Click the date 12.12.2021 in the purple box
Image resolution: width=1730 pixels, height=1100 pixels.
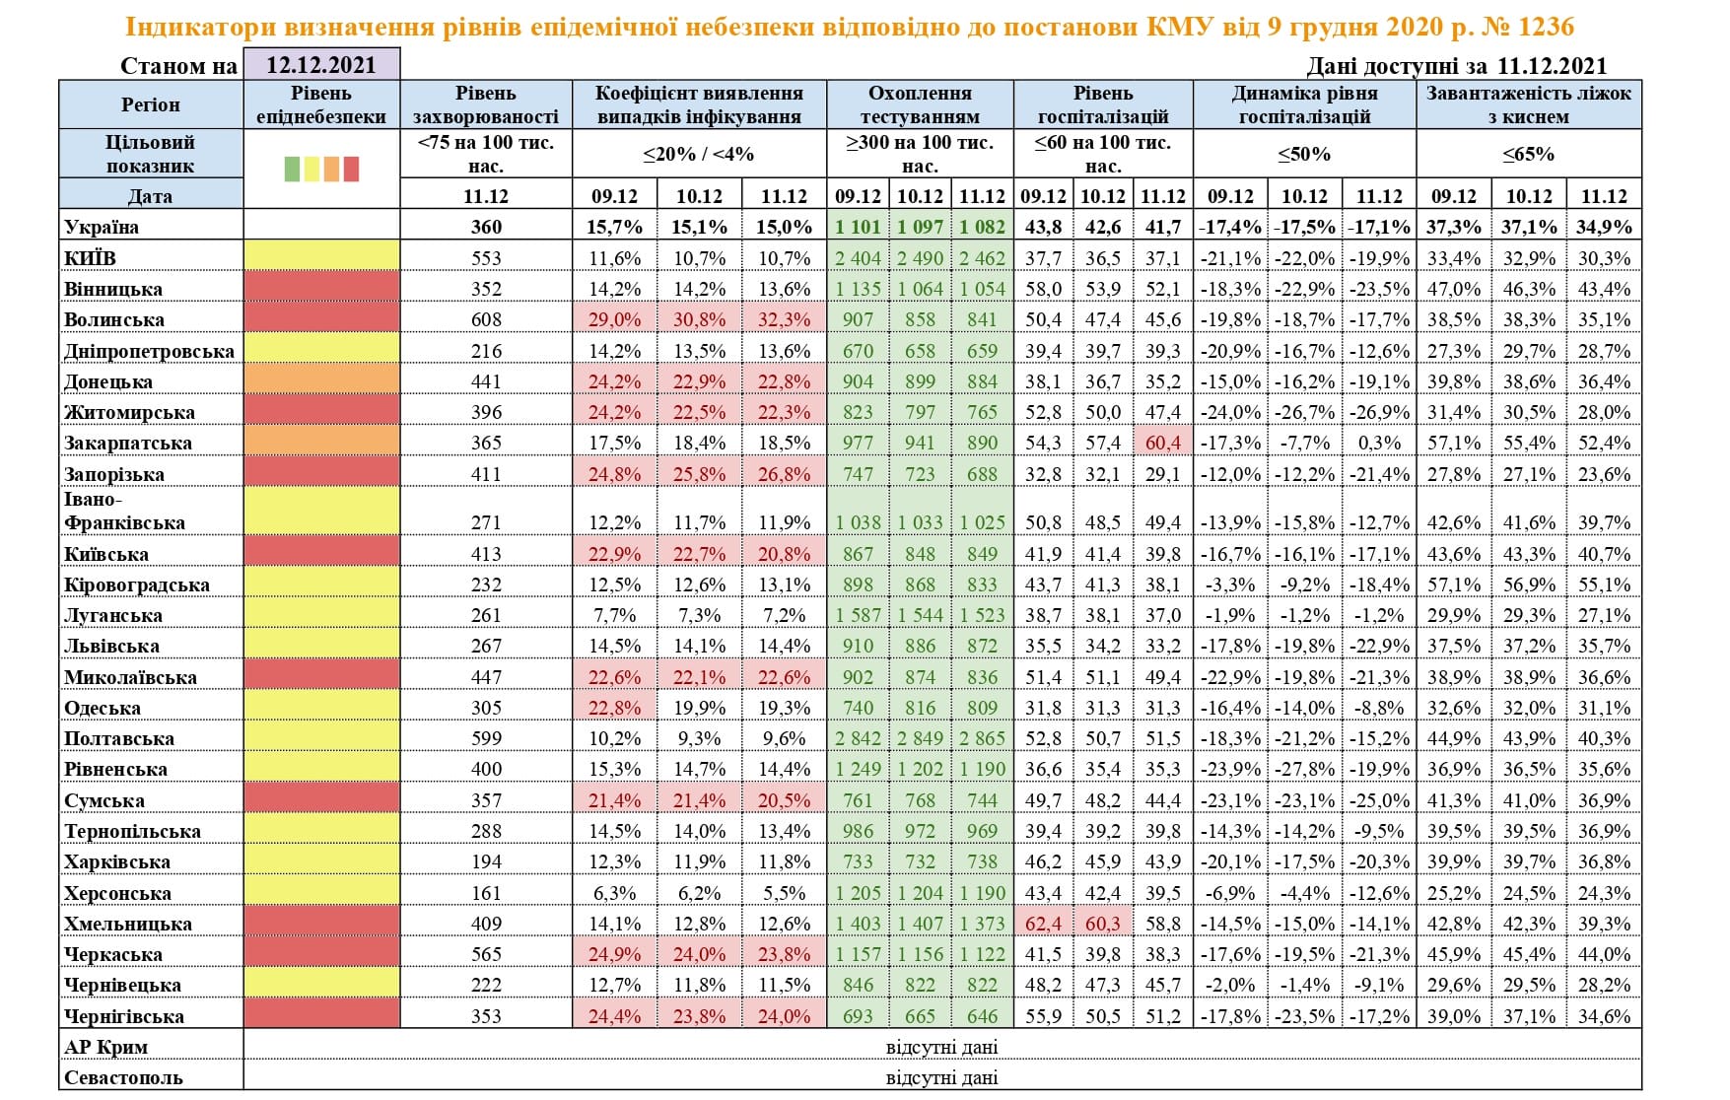point(321,65)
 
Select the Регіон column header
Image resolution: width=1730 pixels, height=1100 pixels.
point(151,104)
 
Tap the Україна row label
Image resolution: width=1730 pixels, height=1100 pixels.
point(102,227)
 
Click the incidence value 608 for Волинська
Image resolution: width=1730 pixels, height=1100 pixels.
point(486,319)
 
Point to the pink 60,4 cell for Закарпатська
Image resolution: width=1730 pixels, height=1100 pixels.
point(1163,443)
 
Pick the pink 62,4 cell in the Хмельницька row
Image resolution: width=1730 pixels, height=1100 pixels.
point(1043,924)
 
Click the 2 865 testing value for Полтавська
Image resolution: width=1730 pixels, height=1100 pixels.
point(982,738)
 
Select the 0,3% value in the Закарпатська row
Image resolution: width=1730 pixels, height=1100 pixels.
point(1379,443)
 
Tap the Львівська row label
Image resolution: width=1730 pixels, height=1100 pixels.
point(111,646)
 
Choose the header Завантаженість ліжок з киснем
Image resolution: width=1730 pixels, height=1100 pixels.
point(1529,104)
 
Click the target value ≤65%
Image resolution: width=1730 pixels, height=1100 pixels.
point(1529,154)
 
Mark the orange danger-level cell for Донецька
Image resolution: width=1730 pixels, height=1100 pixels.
point(321,381)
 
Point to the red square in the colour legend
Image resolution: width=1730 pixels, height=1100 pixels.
point(351,169)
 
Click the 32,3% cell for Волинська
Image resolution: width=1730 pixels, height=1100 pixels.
point(784,319)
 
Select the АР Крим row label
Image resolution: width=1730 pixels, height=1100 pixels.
point(105,1047)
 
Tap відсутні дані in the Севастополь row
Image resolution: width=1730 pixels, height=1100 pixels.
point(941,1077)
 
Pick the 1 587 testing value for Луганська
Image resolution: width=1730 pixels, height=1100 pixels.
point(858,615)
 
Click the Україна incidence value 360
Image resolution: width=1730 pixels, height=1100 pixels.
point(486,227)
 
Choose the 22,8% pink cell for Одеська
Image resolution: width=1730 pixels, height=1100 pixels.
point(614,708)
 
